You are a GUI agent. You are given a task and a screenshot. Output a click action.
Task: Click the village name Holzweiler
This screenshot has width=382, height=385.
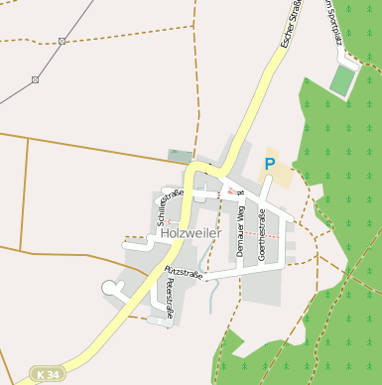191,233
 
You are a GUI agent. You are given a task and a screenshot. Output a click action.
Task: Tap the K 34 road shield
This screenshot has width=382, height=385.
45,374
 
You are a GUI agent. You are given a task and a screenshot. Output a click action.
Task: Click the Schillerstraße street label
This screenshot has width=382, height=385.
165,207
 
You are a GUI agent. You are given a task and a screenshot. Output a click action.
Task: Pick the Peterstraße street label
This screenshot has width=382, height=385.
171,297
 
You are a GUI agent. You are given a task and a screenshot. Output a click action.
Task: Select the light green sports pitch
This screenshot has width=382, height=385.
343,80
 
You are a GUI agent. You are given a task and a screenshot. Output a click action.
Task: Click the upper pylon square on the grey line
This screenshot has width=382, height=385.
63,41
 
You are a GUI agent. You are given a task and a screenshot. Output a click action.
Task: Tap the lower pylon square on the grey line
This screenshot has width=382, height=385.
35,79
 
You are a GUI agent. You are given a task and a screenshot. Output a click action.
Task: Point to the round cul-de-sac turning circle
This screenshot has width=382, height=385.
109,288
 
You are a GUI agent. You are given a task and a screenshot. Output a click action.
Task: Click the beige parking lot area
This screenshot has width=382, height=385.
280,179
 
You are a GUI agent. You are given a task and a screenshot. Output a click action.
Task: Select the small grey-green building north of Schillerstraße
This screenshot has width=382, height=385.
180,155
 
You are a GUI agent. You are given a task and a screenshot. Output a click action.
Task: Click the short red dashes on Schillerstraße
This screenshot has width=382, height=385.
170,220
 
